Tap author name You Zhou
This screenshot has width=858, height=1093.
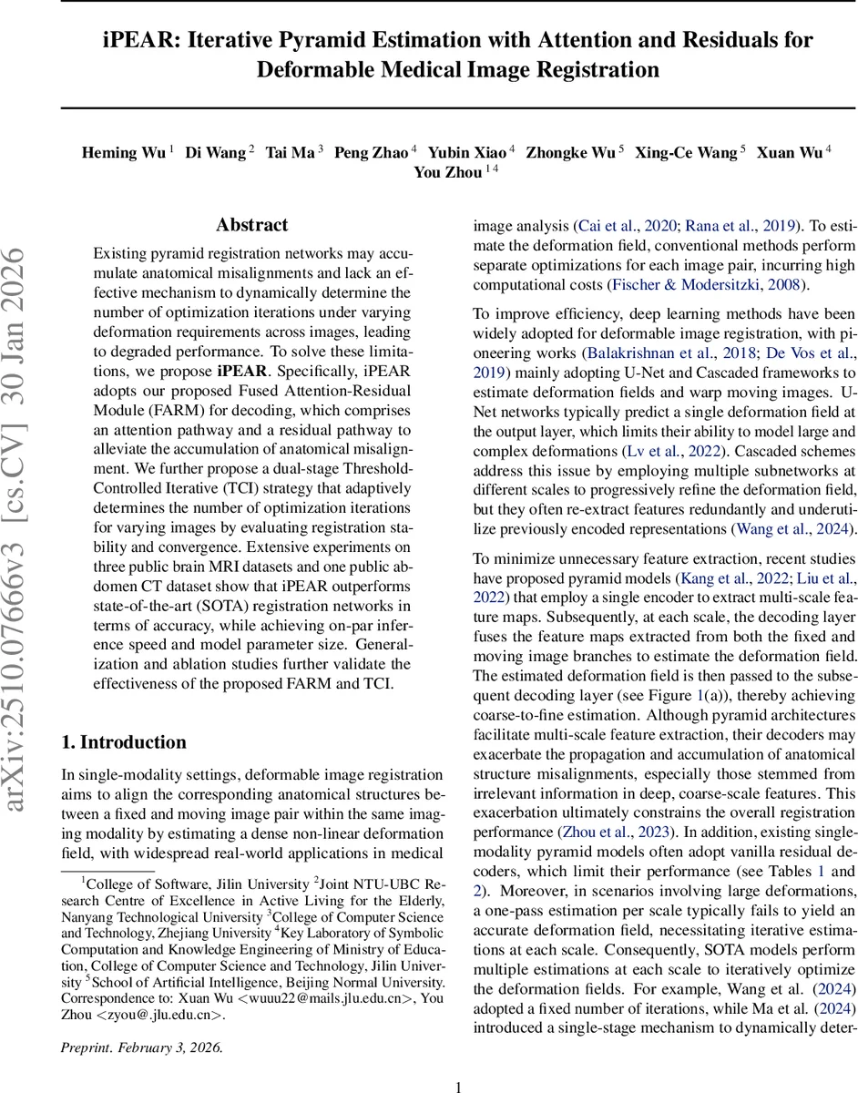pyautogui.click(x=447, y=172)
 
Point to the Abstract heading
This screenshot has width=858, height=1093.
pyautogui.click(x=251, y=225)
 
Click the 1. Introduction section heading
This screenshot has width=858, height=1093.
pyautogui.click(x=123, y=742)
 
